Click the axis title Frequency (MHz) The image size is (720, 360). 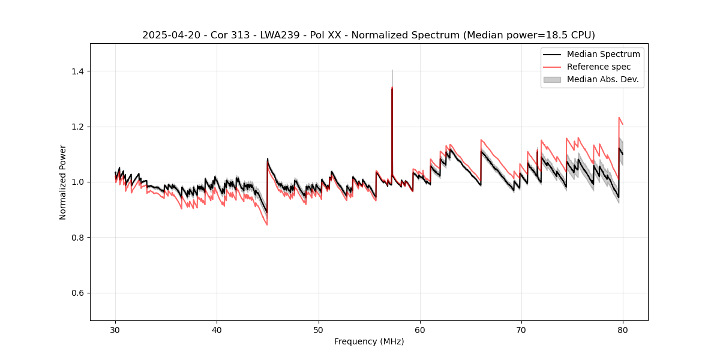[x=369, y=341]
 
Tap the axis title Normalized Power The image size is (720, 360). [x=63, y=182]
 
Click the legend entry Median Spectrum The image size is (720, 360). [x=603, y=54]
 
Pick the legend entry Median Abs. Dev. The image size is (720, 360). [x=602, y=79]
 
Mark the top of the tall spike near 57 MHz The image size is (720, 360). [x=392, y=70]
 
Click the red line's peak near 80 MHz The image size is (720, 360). [x=619, y=118]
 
